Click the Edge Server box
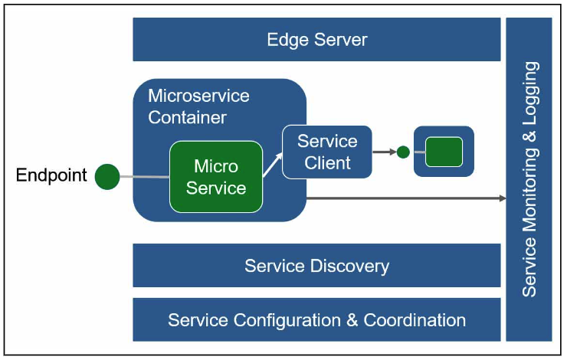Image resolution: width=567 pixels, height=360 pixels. tap(316, 40)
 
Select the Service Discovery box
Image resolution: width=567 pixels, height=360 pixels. tap(316, 266)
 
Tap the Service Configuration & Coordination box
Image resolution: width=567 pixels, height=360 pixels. tap(316, 319)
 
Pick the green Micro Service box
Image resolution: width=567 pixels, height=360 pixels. tap(216, 177)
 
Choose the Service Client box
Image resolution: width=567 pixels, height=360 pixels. tap(327, 152)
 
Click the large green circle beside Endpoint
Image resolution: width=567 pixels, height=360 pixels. tap(108, 177)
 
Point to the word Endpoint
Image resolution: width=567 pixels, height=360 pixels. tap(52, 175)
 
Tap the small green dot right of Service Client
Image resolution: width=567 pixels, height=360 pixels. tap(403, 152)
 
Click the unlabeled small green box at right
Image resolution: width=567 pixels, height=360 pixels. tap(444, 152)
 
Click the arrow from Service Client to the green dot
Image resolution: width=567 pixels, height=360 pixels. tap(384, 152)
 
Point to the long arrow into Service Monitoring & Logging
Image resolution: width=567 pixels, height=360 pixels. tap(406, 198)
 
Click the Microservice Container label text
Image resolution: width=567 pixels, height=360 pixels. tap(198, 106)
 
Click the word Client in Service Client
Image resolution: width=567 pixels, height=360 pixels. tap(327, 162)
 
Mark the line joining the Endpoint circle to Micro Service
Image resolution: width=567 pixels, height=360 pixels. tap(146, 178)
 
